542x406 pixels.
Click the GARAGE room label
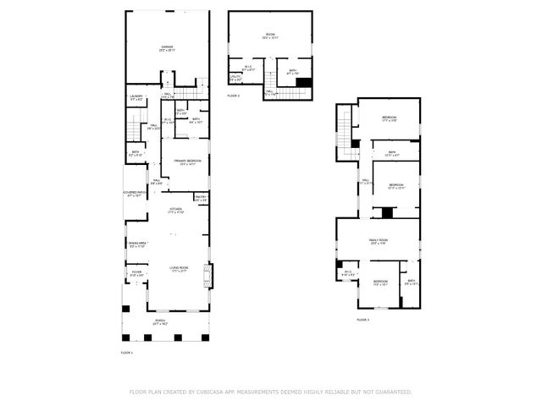point(167,47)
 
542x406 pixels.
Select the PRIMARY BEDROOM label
point(186,162)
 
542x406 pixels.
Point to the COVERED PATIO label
point(135,194)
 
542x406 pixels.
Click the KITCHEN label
point(176,210)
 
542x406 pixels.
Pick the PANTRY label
point(201,197)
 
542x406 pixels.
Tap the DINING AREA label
point(137,244)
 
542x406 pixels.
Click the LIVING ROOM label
point(178,266)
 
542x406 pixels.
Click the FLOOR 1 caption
point(127,351)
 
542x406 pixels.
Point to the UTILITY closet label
point(235,78)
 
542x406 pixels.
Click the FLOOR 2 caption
point(233,96)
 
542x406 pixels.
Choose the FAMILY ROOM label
point(378,241)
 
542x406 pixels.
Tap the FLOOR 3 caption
point(362,320)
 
